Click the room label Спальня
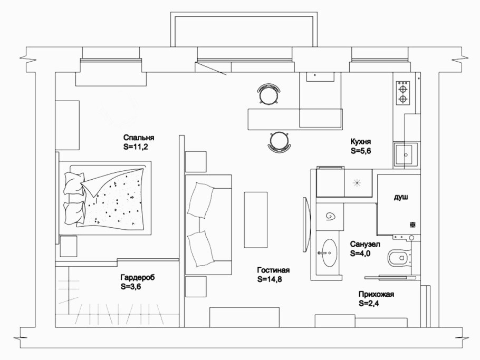tap(139, 138)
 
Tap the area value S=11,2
tap(136, 147)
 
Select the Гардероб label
tap(138, 277)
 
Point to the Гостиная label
tap(273, 270)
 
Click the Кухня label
tap(361, 142)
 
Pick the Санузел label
tap(365, 245)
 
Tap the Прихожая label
tap(376, 294)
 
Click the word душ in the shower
tap(401, 198)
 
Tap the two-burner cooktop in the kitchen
tap(403, 93)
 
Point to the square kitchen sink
tap(406, 155)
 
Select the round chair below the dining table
tap(279, 141)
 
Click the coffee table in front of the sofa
tap(256, 220)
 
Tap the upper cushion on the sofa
tap(200, 200)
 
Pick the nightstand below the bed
tap(68, 246)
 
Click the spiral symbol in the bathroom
tap(330, 216)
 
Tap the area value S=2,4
tap(369, 304)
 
